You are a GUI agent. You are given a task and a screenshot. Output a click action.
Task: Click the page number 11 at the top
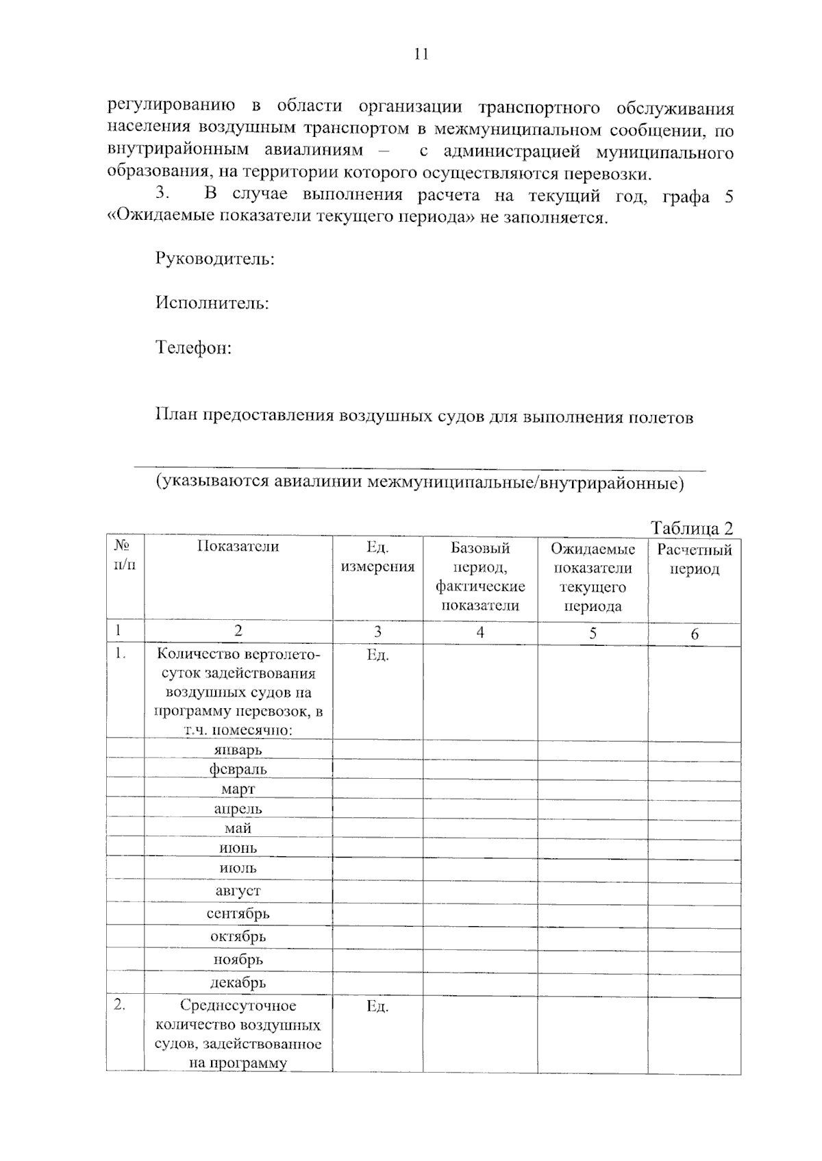[x=421, y=55]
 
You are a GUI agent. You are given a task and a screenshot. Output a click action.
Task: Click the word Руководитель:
[x=215, y=260]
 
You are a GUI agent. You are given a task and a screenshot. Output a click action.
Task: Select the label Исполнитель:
[x=212, y=303]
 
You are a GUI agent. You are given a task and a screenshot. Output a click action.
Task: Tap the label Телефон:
[x=194, y=348]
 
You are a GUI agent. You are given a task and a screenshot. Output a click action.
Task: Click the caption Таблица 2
[x=691, y=528]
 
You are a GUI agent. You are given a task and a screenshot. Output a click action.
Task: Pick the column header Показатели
[x=238, y=546]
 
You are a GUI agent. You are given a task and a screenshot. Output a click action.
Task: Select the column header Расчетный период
[x=694, y=559]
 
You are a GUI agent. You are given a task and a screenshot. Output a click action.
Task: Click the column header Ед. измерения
[x=377, y=557]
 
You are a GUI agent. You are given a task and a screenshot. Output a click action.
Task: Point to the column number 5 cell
[x=593, y=634]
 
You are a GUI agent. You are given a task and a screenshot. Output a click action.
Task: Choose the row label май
[x=238, y=828]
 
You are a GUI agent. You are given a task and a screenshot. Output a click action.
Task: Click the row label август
[x=238, y=891]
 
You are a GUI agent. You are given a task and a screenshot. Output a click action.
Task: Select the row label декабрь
[x=238, y=983]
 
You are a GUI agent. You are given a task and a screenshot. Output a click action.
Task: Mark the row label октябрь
[x=238, y=936]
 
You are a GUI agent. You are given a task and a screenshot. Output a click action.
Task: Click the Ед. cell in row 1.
[x=377, y=655]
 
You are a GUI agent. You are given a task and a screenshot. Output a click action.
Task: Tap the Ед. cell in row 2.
[x=377, y=1006]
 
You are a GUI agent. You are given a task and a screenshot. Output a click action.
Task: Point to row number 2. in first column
[x=120, y=1006]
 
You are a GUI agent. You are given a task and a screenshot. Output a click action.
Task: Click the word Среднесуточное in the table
[x=238, y=1006]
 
